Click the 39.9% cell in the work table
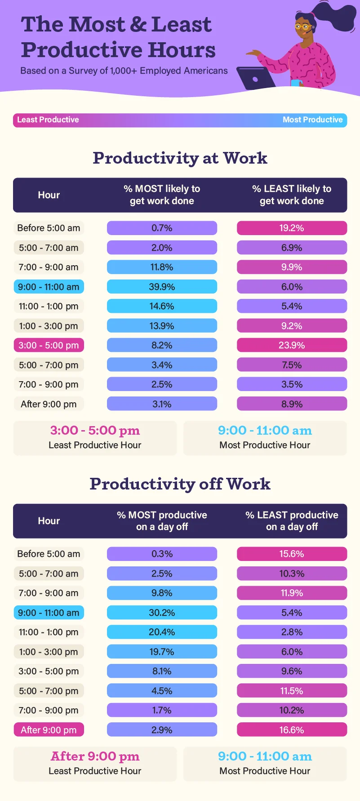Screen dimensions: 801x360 click(162, 287)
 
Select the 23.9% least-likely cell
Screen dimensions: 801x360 click(292, 345)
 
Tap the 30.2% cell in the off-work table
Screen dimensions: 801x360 click(162, 613)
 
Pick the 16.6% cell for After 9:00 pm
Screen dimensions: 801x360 click(292, 730)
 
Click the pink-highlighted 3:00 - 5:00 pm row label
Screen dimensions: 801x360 click(49, 345)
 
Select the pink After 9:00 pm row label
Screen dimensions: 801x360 click(49, 730)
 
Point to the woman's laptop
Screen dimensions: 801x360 click(255, 78)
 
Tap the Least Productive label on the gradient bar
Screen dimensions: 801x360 click(48, 120)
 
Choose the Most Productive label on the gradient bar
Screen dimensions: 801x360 click(312, 120)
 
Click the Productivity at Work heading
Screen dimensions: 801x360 click(180, 158)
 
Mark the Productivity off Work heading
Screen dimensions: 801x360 click(180, 484)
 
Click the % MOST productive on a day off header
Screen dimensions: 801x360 click(162, 521)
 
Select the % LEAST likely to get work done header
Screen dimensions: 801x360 click(292, 195)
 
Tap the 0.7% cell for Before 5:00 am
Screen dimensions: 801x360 click(162, 228)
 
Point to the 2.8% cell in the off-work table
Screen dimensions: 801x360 click(292, 632)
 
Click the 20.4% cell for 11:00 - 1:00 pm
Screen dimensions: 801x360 click(162, 632)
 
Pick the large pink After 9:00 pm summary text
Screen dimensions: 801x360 click(95, 756)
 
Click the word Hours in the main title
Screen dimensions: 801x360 click(182, 50)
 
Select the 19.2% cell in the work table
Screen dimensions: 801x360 click(292, 228)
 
